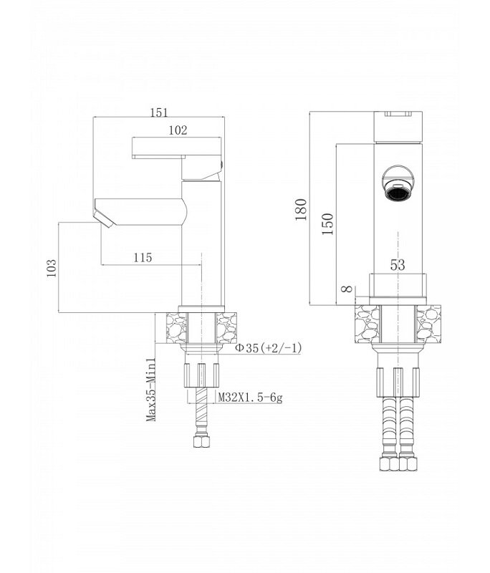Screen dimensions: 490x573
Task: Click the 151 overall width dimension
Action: pyautogui.click(x=159, y=112)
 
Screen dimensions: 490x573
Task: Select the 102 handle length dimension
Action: pyautogui.click(x=178, y=130)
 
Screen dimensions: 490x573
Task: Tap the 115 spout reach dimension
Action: pyautogui.click(x=143, y=257)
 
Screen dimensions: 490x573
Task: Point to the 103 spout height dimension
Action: pyautogui.click(x=52, y=268)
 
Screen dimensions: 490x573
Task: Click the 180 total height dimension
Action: pyautogui.click(x=301, y=209)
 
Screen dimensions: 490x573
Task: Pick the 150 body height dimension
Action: pyautogui.click(x=327, y=223)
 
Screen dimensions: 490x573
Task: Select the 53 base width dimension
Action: pyautogui.click(x=398, y=264)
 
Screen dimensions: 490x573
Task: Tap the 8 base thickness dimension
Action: pyautogui.click(x=347, y=289)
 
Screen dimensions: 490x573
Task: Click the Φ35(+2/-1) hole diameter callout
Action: pyautogui.click(x=268, y=347)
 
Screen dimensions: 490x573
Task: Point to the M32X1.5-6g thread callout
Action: pyautogui.click(x=250, y=397)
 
